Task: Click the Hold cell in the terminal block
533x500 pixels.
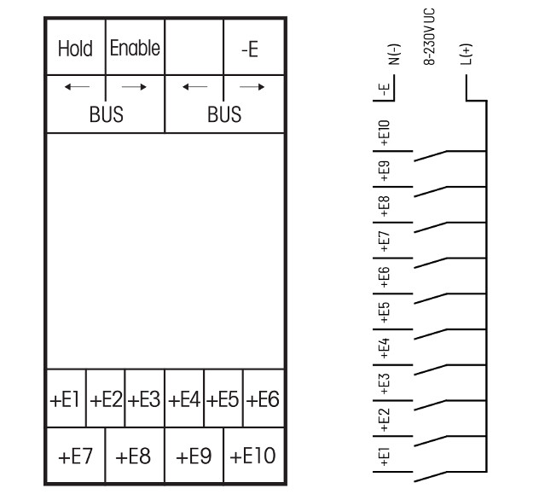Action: click(76, 47)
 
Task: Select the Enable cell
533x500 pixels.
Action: click(135, 47)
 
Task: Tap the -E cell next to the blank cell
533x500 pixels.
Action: click(253, 47)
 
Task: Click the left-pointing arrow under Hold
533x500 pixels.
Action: click(77, 87)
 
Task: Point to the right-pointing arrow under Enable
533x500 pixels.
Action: click(134, 87)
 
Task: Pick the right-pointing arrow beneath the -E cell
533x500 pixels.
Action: click(252, 87)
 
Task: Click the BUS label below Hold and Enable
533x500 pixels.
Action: click(107, 114)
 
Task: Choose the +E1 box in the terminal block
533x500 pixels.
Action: click(67, 398)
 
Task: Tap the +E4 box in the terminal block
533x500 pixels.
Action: click(184, 398)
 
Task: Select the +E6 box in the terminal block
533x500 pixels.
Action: click(264, 398)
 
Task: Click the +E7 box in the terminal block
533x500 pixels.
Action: click(76, 455)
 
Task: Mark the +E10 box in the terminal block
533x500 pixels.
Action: click(253, 455)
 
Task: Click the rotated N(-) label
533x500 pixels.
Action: click(394, 55)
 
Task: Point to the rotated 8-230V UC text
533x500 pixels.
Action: click(429, 37)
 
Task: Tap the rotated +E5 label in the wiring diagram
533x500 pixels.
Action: click(384, 312)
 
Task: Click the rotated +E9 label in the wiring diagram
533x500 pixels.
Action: click(384, 171)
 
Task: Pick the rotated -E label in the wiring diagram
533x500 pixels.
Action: click(385, 90)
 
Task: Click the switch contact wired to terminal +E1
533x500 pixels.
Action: click(431, 476)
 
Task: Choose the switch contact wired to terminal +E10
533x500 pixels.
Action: click(431, 156)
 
